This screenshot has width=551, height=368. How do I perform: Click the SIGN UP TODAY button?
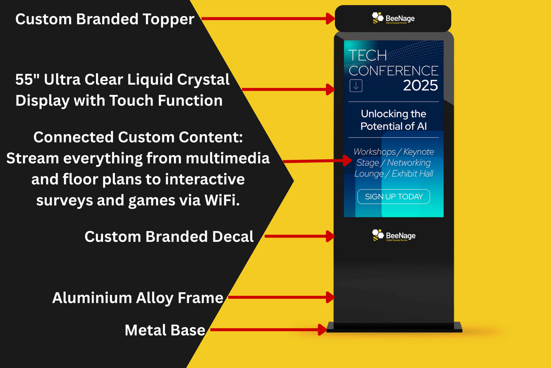pyautogui.click(x=393, y=197)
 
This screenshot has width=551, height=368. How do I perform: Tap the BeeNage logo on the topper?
pyautogui.click(x=393, y=18)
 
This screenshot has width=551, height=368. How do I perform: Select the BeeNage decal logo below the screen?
pyautogui.click(x=394, y=236)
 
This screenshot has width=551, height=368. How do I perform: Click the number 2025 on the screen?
pyautogui.click(x=420, y=86)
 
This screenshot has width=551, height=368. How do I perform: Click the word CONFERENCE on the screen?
pyautogui.click(x=393, y=71)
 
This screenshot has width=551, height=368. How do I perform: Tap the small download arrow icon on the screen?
pyautogui.click(x=356, y=86)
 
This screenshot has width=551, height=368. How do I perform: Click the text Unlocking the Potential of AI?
pyautogui.click(x=393, y=120)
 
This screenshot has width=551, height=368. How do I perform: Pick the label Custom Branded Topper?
pyautogui.click(x=105, y=19)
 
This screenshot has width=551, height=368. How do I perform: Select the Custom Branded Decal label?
pyautogui.click(x=169, y=237)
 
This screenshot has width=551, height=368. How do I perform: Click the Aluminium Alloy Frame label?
pyautogui.click(x=138, y=298)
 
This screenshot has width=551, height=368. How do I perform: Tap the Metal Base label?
pyautogui.click(x=165, y=330)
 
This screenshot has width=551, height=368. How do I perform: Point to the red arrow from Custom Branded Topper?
pyautogui.click(x=267, y=18)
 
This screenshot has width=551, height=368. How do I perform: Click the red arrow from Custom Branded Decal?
pyautogui.click(x=299, y=236)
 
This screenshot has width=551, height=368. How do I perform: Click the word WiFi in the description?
pyautogui.click(x=221, y=201)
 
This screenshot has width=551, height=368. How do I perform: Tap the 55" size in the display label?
pyautogui.click(x=27, y=80)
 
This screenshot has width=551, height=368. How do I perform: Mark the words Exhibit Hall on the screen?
pyautogui.click(x=412, y=174)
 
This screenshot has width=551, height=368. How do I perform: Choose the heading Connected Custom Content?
pyautogui.click(x=138, y=137)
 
